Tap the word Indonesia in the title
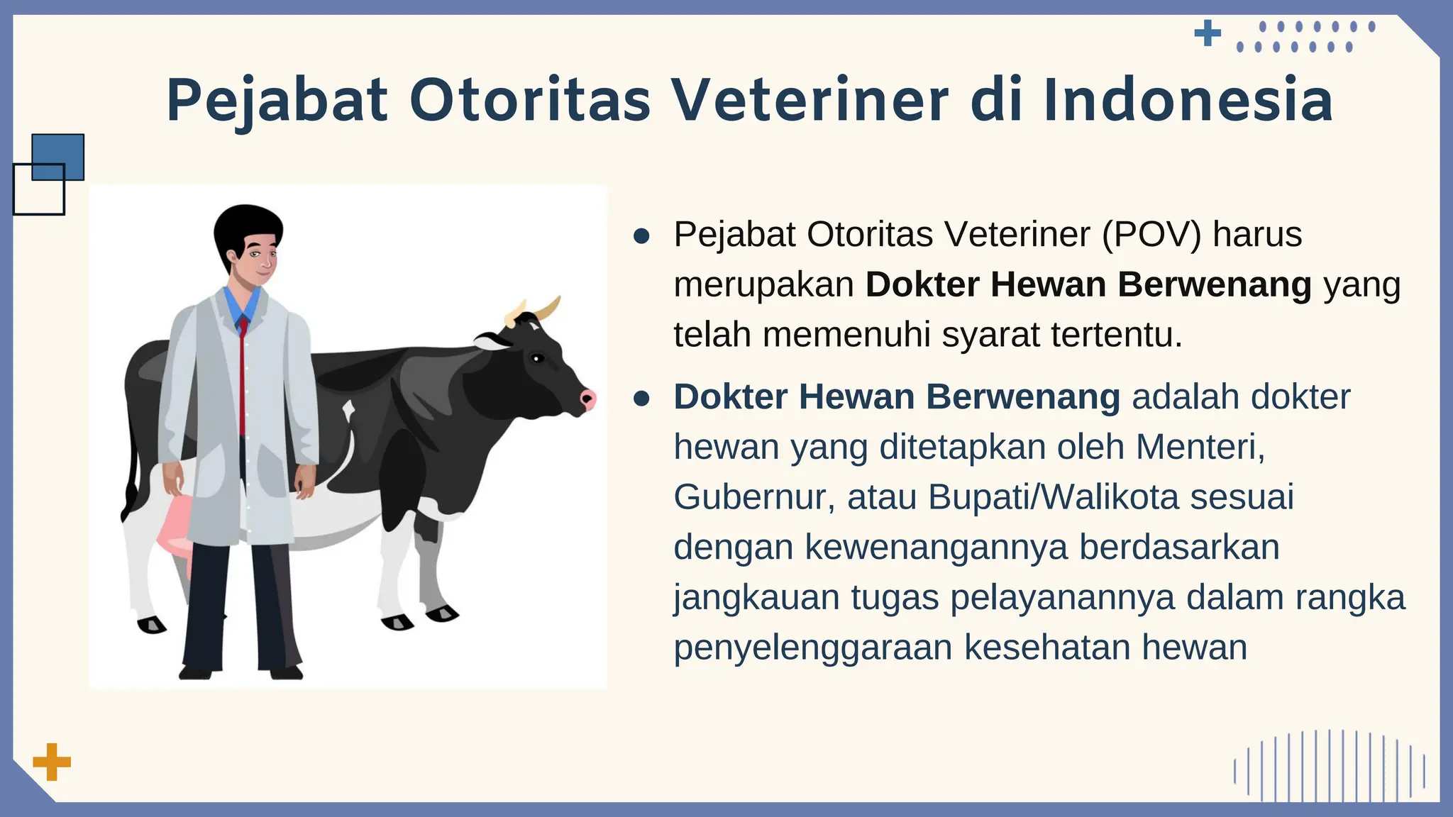(x=1188, y=101)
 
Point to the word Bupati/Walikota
(x=1053, y=497)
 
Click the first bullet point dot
(x=641, y=236)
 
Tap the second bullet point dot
(x=641, y=399)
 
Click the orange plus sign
(x=52, y=762)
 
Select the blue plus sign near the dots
(x=1208, y=33)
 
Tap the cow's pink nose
(x=588, y=399)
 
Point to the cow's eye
(x=537, y=358)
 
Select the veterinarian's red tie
(x=243, y=376)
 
